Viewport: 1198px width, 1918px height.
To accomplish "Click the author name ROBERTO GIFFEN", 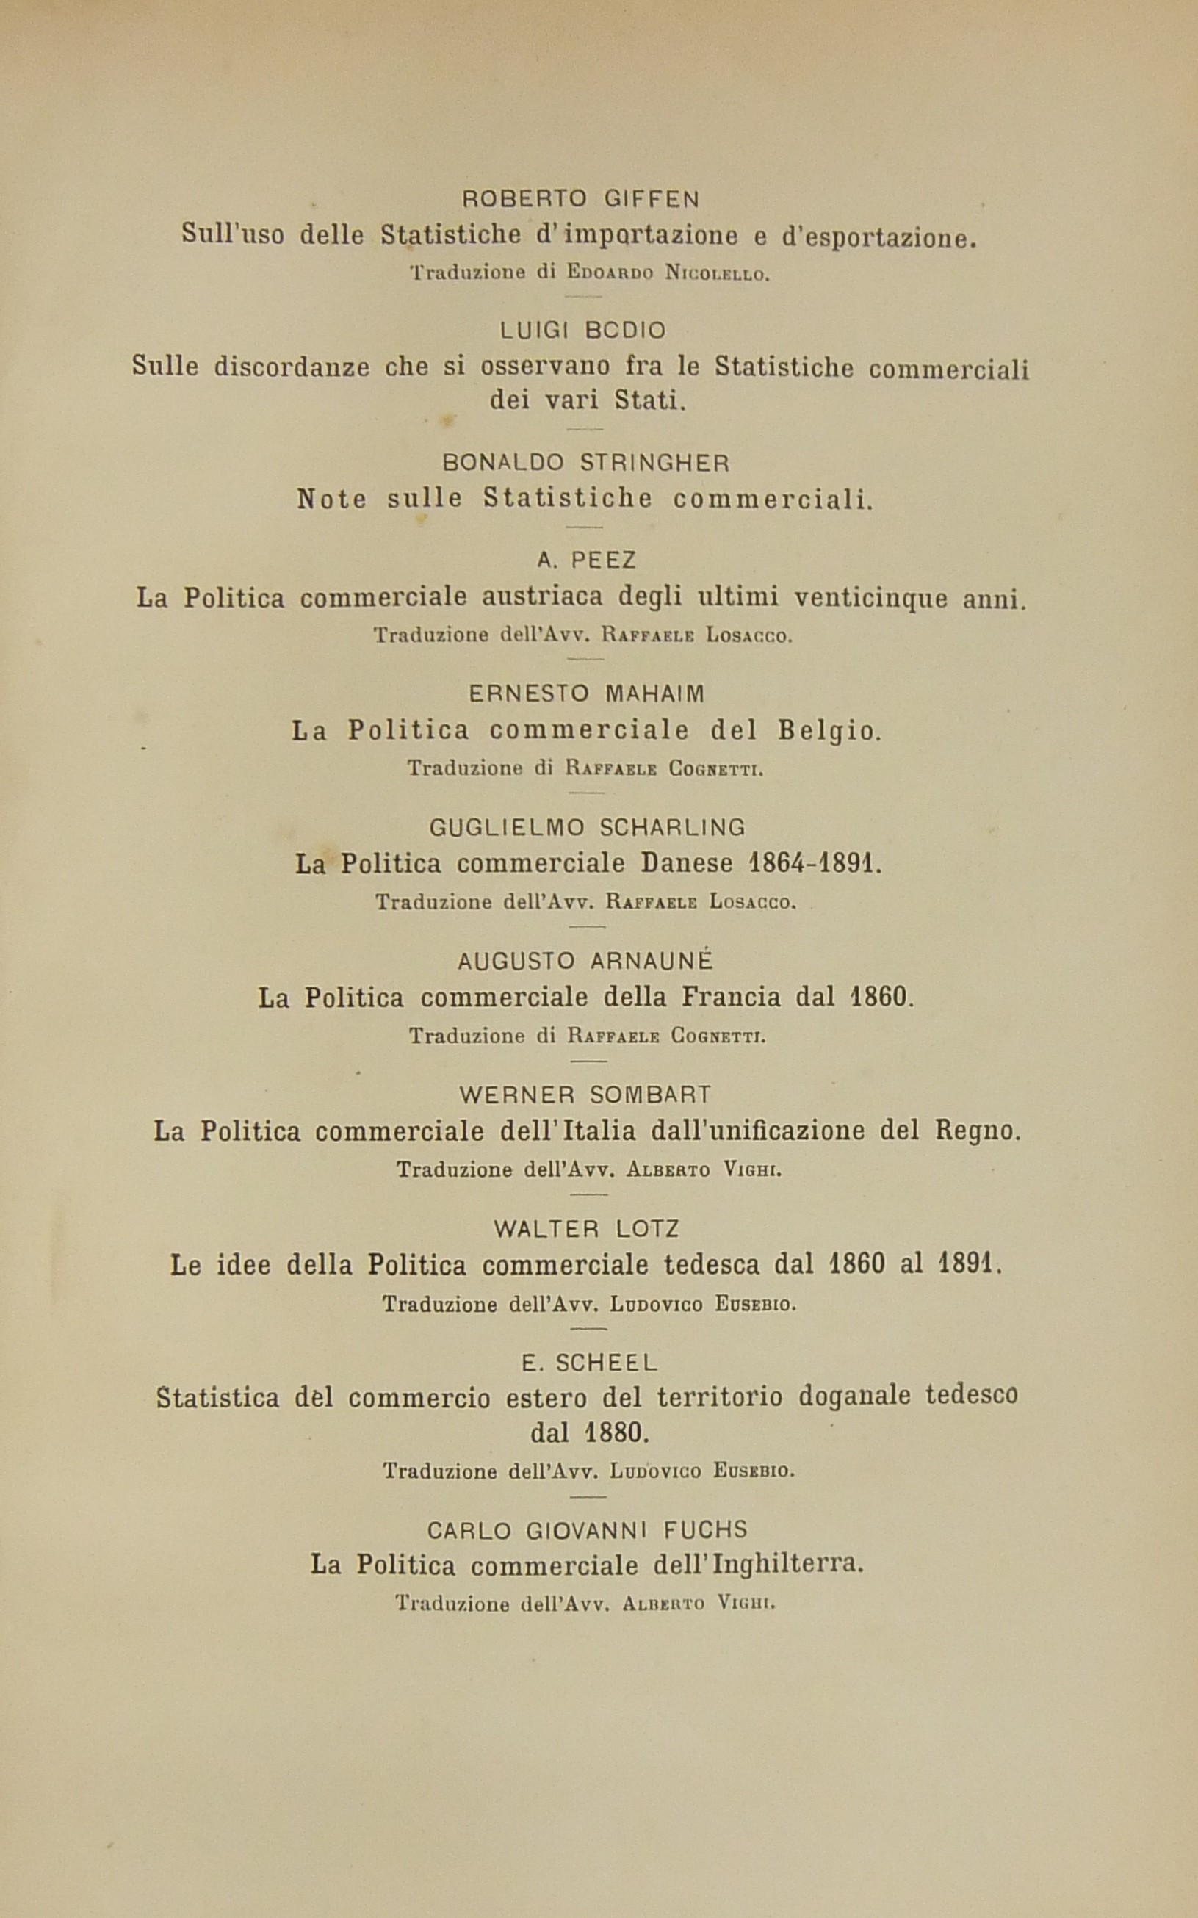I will point(581,199).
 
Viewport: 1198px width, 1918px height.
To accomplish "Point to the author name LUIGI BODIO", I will point(583,331).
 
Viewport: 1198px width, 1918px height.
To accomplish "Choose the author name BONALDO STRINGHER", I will point(586,462).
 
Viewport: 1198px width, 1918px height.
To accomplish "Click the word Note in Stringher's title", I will point(332,499).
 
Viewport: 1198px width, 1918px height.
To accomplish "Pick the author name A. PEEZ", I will point(587,561).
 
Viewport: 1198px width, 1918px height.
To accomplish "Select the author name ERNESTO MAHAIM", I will point(586,694).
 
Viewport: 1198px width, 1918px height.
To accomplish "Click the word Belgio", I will point(829,730).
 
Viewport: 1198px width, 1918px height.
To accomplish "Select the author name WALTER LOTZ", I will point(586,1230).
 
